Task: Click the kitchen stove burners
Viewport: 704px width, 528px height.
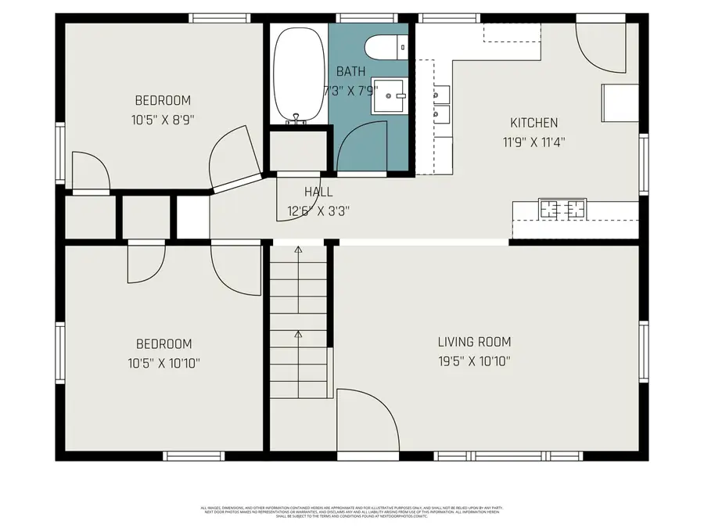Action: click(562, 209)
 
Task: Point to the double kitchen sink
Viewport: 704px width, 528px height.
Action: click(442, 105)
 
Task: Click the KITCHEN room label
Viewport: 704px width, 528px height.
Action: click(533, 123)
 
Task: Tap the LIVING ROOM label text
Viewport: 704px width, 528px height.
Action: click(474, 342)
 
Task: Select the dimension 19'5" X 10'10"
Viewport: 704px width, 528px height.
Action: click(474, 361)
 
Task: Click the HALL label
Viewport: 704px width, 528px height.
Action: click(318, 192)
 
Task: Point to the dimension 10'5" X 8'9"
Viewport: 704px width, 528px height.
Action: click(163, 120)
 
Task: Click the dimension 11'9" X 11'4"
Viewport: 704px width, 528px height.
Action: click(533, 142)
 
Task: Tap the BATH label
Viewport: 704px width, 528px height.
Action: click(350, 70)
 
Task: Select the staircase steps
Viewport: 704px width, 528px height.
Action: click(298, 321)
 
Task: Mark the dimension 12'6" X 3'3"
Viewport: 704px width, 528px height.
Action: click(318, 210)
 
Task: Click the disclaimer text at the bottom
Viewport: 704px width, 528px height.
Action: click(351, 512)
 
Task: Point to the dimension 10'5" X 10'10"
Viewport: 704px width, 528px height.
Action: click(163, 363)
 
